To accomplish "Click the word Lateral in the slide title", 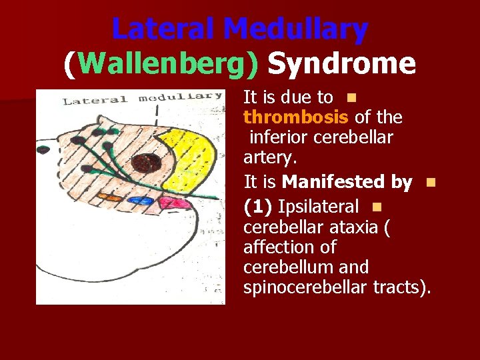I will [164, 29].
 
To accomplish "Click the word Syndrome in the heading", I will [341, 64].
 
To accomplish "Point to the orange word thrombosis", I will [295, 117].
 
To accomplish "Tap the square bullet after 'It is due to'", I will [351, 98].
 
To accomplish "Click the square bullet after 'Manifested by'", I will [430, 182].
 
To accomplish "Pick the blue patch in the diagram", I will [141, 201].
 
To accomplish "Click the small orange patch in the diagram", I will [110, 198].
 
